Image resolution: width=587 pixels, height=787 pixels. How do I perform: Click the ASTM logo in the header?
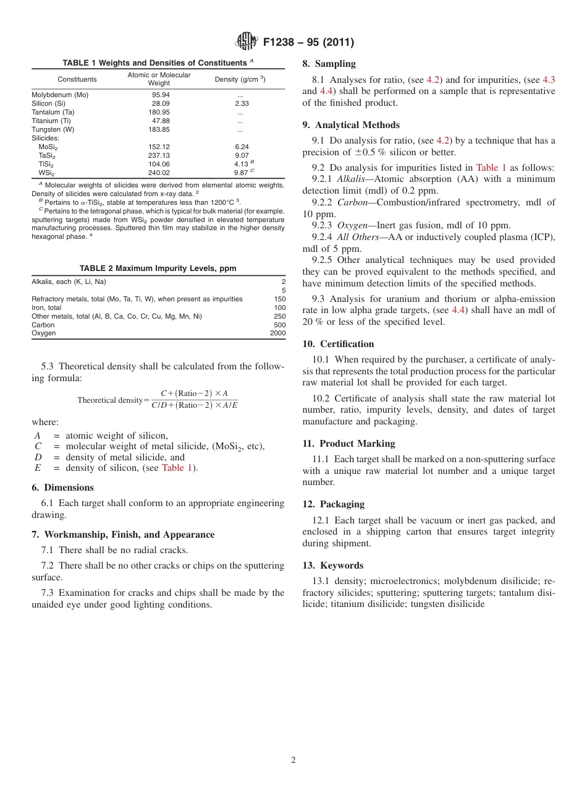[x=247, y=42]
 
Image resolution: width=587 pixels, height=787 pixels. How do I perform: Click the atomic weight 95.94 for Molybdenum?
[x=161, y=95]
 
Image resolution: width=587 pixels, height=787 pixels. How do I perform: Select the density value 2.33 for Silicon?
[x=242, y=103]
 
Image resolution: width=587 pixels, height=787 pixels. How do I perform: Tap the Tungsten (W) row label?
[x=53, y=129]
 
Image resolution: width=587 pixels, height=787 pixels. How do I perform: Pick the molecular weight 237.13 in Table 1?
[x=159, y=155]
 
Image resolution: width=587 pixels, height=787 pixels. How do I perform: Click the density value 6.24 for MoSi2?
[x=242, y=147]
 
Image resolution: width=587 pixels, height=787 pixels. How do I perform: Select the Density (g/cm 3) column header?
[x=240, y=79]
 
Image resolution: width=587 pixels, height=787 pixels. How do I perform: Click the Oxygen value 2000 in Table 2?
[x=277, y=333]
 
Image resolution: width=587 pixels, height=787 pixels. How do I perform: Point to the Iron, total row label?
[x=46, y=307]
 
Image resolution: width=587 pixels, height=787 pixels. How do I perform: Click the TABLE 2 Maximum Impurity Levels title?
[x=158, y=269]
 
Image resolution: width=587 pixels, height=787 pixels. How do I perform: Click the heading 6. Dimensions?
[x=62, y=488]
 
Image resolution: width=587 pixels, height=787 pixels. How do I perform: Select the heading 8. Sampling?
[x=329, y=64]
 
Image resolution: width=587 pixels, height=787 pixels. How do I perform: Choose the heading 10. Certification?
[x=338, y=344]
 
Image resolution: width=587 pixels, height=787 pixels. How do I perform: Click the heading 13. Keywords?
[x=332, y=566]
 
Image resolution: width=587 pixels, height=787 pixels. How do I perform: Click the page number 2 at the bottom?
[x=293, y=760]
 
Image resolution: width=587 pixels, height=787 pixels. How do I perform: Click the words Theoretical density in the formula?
[x=109, y=400]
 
